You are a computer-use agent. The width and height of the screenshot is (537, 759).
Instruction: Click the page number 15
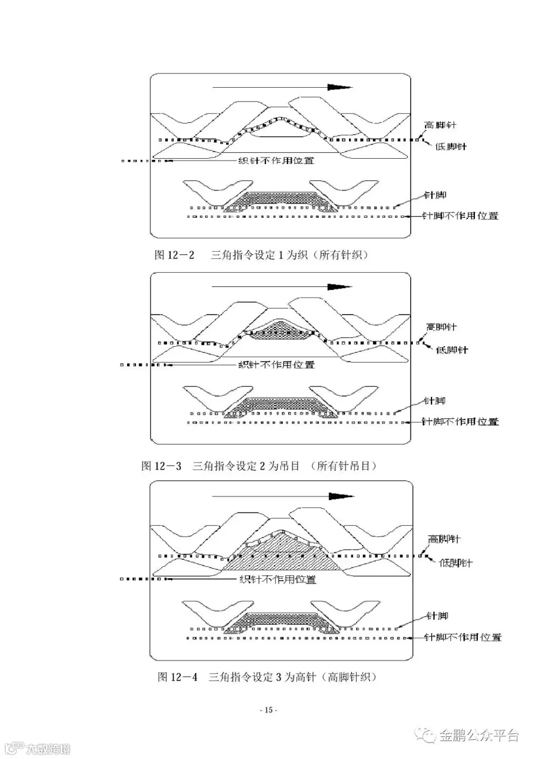[268, 710]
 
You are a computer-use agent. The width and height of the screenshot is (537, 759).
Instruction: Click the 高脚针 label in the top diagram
[440, 125]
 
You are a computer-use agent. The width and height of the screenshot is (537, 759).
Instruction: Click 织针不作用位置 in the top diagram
[276, 160]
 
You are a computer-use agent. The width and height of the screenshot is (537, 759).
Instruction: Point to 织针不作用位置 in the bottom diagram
[277, 579]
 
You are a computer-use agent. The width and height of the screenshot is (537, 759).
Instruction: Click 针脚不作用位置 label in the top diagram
[460, 215]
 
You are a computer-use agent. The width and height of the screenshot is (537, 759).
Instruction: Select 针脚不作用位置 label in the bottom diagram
[462, 637]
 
